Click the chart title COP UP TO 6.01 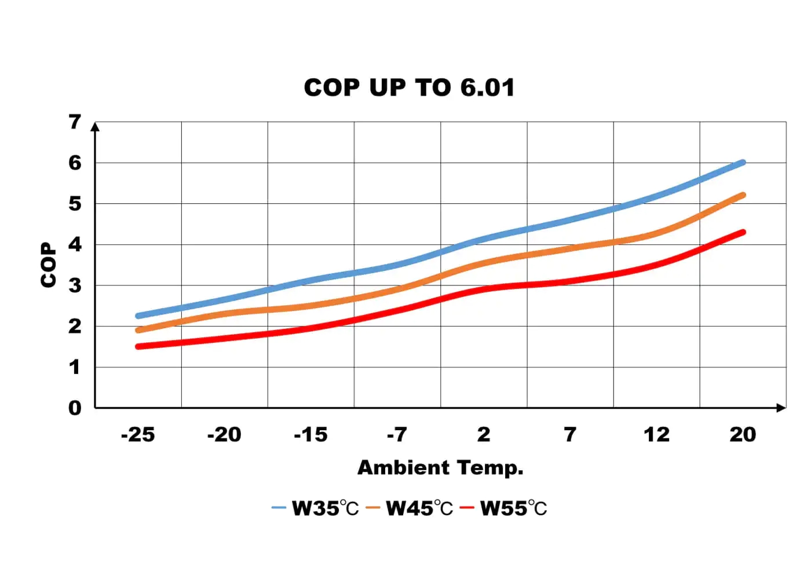[x=409, y=88]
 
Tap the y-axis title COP [x=49, y=265]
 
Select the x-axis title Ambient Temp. [x=440, y=468]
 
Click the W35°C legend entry [x=316, y=508]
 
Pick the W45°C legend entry [x=410, y=508]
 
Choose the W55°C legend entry [x=504, y=508]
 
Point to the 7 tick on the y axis [x=75, y=122]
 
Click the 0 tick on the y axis [x=75, y=408]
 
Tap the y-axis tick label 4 [x=75, y=245]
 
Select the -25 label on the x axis [x=138, y=435]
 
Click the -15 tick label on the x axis [x=310, y=435]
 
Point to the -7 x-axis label [x=397, y=435]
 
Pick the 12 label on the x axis [x=656, y=435]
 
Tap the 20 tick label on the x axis [x=743, y=435]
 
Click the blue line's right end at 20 [x=743, y=163]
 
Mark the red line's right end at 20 [x=743, y=232]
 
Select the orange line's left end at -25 [x=138, y=331]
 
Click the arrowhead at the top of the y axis [x=96, y=127]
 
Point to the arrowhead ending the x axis [x=781, y=408]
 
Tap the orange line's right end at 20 [x=743, y=196]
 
